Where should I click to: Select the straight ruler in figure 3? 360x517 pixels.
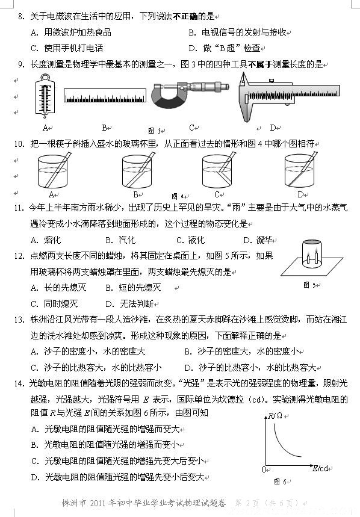click(x=105, y=95)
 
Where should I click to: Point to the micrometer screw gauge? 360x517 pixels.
click(x=190, y=94)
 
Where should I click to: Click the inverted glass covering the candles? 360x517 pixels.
click(x=312, y=253)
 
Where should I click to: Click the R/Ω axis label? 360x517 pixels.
click(x=275, y=416)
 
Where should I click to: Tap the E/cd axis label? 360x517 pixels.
click(x=320, y=468)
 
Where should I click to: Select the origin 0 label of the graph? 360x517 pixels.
click(x=264, y=469)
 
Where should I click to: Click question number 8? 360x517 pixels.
click(x=22, y=16)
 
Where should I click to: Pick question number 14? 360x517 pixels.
click(x=19, y=383)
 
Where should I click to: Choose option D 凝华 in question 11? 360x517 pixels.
click(x=258, y=240)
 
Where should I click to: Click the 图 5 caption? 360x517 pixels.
click(x=309, y=285)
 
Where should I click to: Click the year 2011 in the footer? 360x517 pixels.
click(x=98, y=503)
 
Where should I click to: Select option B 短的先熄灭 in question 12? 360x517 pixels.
click(x=133, y=288)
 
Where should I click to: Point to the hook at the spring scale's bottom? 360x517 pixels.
click(x=45, y=116)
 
